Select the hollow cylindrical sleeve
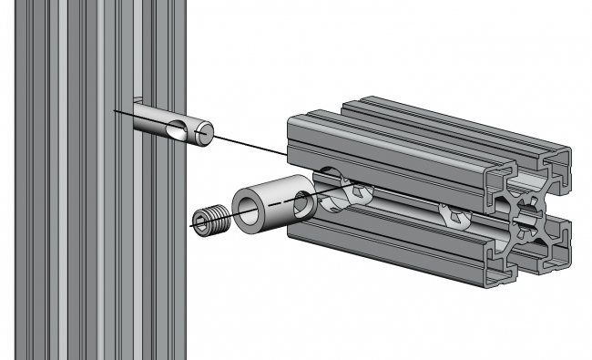[x=270, y=202]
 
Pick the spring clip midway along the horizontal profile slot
[x=453, y=216]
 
